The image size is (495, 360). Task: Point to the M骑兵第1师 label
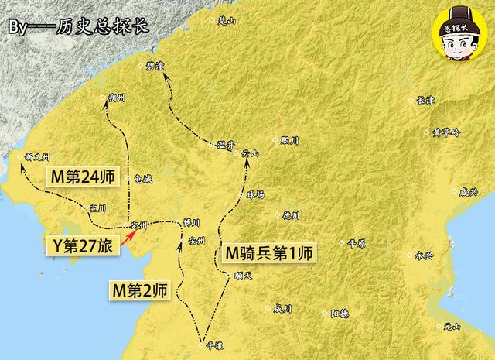pos(267,252)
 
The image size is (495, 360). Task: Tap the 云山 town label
pos(251,153)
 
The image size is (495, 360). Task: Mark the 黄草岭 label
pos(446,132)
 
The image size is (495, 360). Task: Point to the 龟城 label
pos(143,178)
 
